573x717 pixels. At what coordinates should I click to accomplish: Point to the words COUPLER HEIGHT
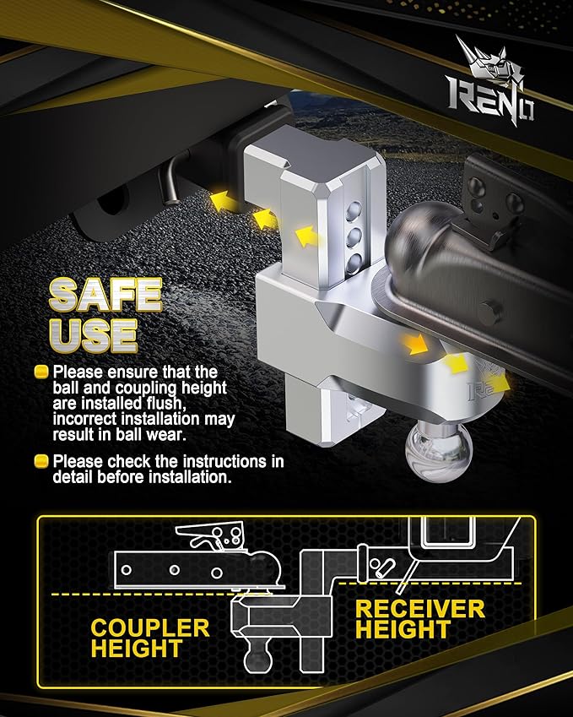(x=149, y=638)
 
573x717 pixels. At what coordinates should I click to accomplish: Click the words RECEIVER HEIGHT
(x=419, y=619)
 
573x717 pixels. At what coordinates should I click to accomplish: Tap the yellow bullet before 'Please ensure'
(x=41, y=372)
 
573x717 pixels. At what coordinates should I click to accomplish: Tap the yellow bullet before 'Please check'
(x=41, y=462)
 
